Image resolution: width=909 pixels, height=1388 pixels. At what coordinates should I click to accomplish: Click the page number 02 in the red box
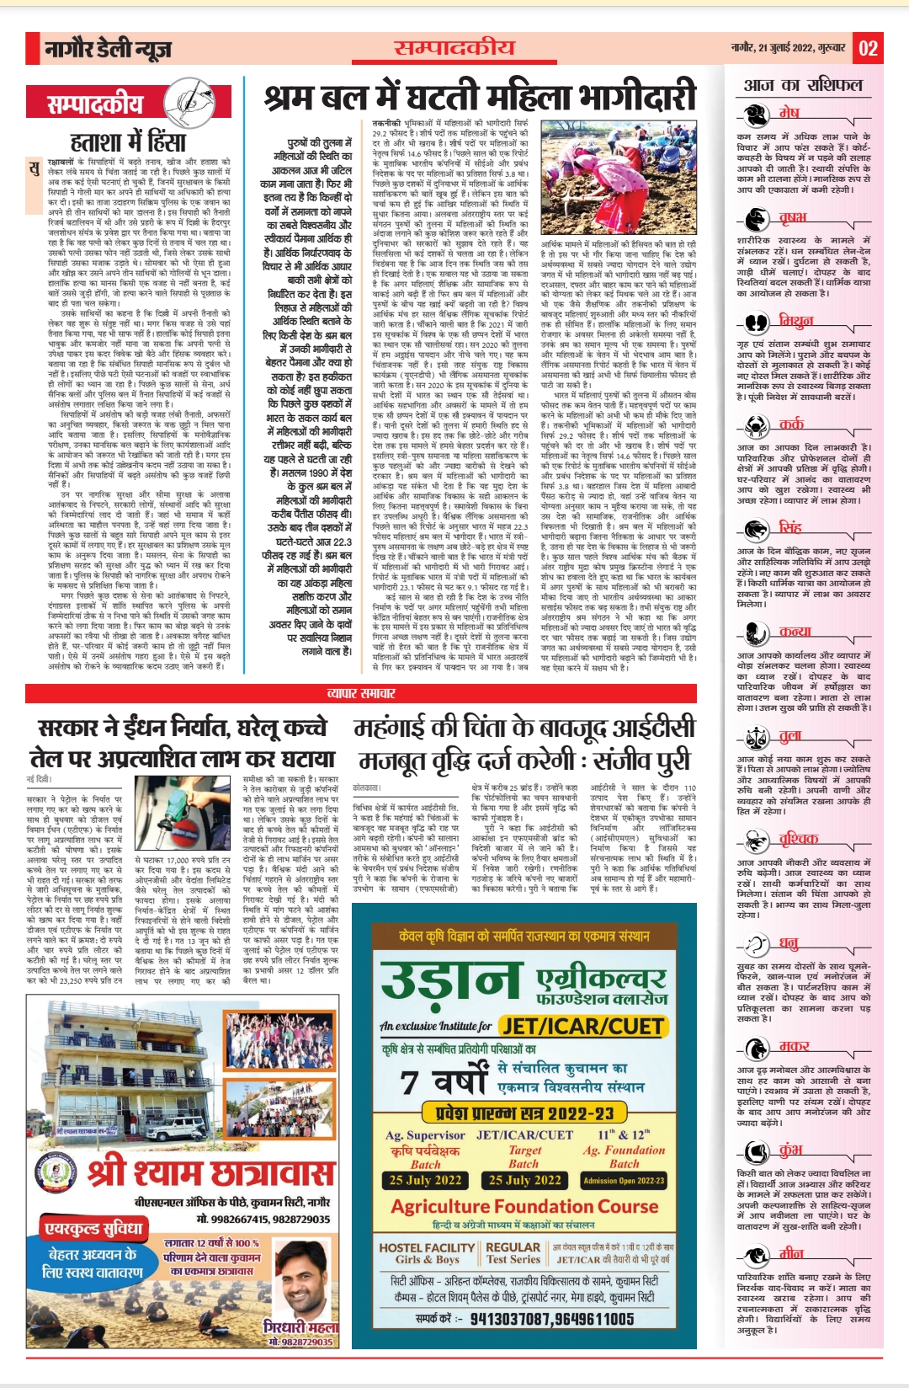click(868, 48)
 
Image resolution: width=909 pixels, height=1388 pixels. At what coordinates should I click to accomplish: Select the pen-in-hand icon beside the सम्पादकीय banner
click(188, 103)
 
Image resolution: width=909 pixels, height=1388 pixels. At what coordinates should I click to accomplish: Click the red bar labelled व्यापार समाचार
click(360, 693)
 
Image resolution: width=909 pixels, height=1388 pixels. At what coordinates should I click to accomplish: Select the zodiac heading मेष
click(789, 113)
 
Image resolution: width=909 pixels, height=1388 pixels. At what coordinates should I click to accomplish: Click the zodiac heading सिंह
click(789, 527)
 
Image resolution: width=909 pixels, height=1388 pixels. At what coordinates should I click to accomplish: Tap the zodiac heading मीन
click(790, 1253)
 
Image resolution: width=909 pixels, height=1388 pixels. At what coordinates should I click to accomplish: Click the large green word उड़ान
click(451, 982)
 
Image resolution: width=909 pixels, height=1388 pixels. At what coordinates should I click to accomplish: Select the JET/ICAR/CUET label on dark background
click(582, 1026)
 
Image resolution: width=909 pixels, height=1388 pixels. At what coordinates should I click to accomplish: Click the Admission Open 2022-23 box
click(624, 1180)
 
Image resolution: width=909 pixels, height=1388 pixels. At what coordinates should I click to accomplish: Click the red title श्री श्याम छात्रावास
click(210, 1172)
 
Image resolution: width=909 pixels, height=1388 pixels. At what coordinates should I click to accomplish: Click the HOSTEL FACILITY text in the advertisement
click(427, 1247)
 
